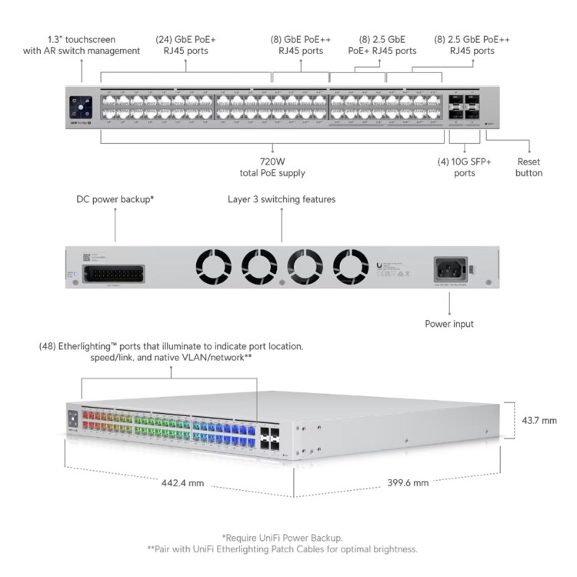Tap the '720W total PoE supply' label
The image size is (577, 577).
272,168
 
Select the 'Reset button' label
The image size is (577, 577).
529,168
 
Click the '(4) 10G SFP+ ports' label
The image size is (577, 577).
464,168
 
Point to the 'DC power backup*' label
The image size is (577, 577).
115,199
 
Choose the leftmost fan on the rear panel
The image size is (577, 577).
214,266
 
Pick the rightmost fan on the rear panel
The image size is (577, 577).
352,266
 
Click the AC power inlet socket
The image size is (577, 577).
451,268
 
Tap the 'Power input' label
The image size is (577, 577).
449,324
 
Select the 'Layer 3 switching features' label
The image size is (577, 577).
281,199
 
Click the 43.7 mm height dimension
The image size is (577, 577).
539,420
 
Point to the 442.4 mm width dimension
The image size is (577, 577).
182,483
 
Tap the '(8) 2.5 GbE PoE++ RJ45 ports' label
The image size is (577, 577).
472,45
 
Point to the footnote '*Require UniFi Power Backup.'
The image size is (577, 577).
282,537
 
